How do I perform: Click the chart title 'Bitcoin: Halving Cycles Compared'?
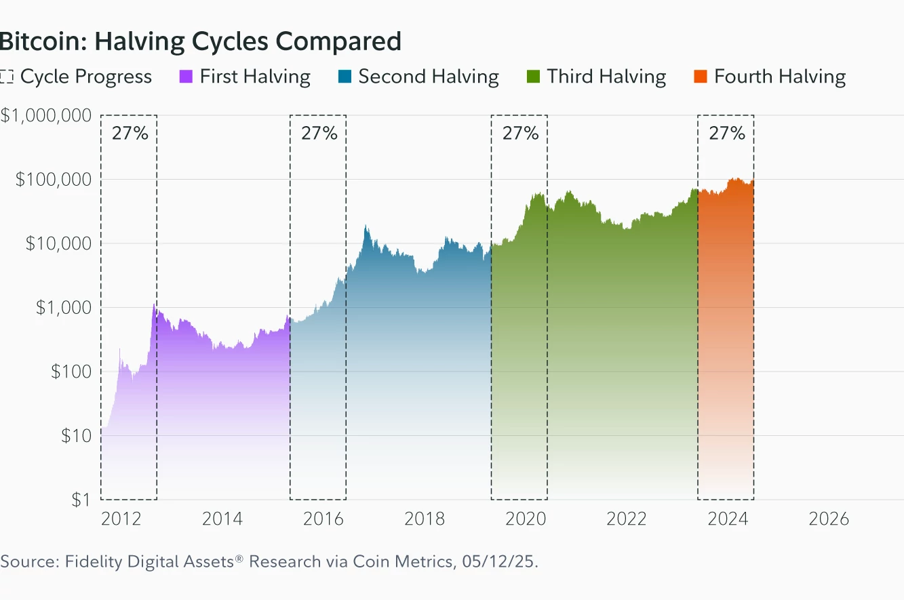(200, 41)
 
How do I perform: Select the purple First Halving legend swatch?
(185, 77)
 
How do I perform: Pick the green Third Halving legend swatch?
(532, 77)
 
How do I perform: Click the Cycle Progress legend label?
(85, 77)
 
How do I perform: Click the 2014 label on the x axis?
(222, 519)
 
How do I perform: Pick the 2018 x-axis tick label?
(425, 519)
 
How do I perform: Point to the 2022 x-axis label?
(626, 519)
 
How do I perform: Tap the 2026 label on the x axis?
(829, 519)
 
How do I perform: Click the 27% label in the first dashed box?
(130, 133)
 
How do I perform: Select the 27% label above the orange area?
(726, 133)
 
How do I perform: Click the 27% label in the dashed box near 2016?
(319, 133)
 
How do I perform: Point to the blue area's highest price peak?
(366, 227)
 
